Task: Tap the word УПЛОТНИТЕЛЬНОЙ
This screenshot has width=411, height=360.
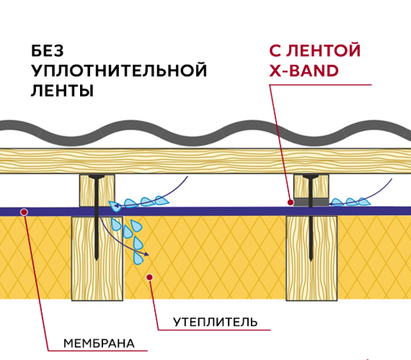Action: [119, 71]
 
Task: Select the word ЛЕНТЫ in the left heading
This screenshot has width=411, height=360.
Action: [62, 92]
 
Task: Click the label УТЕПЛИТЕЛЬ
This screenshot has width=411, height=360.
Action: [215, 322]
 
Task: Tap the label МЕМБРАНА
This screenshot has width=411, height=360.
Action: [99, 342]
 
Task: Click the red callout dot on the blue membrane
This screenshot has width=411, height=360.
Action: [24, 212]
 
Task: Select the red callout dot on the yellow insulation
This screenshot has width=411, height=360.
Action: [149, 276]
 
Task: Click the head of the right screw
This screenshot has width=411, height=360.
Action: [311, 176]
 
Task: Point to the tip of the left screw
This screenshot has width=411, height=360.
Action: [97, 260]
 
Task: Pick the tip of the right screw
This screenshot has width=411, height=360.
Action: [311, 260]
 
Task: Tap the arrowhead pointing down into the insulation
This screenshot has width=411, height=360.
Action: [147, 254]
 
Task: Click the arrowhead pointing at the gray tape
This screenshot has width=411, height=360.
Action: [332, 203]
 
